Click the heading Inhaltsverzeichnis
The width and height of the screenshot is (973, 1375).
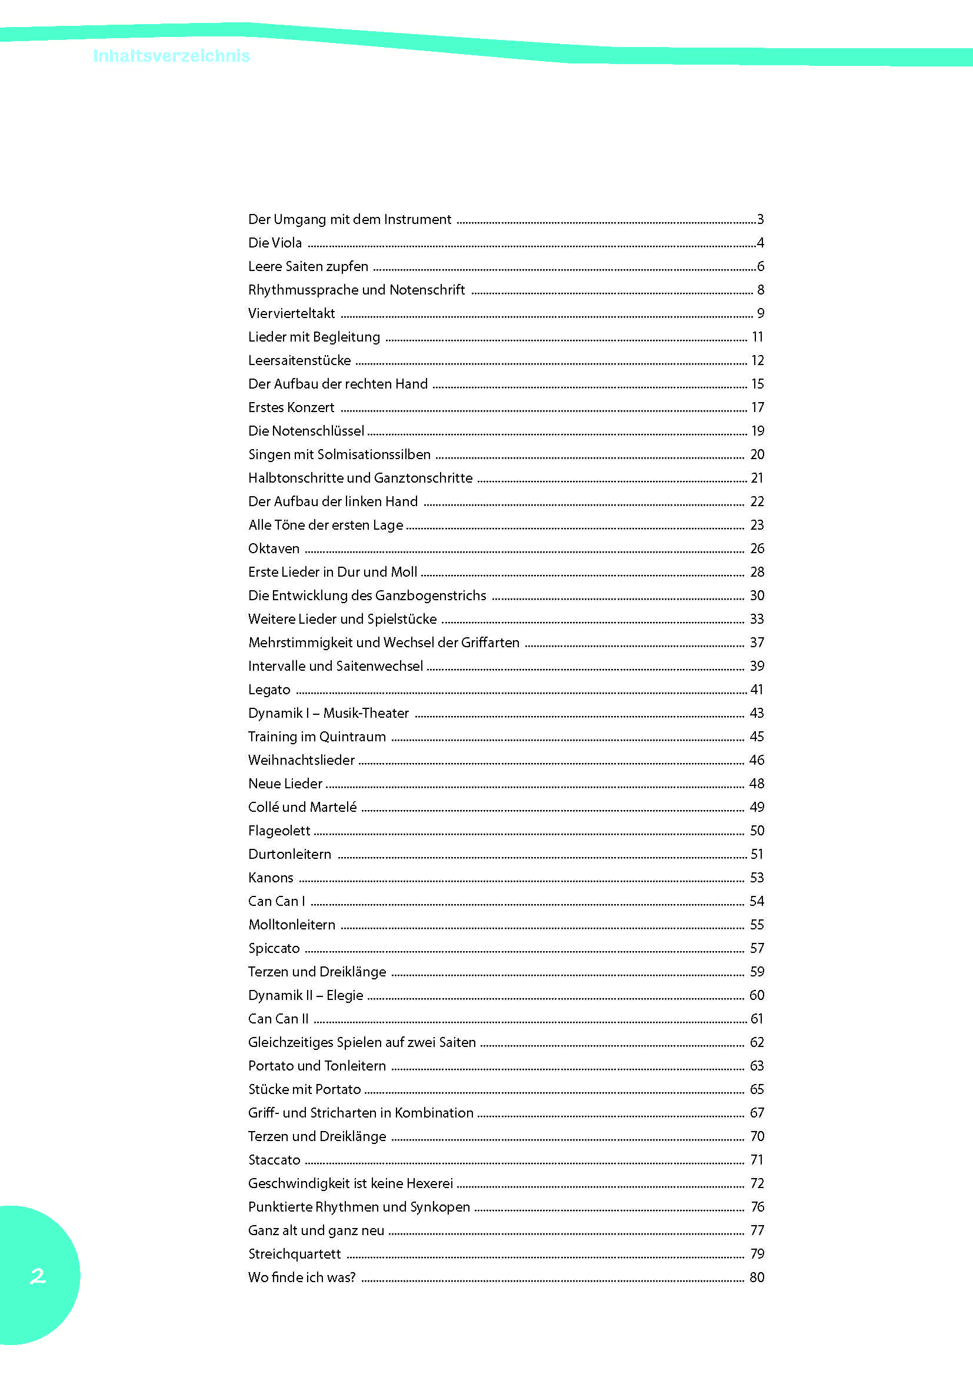coord(171,56)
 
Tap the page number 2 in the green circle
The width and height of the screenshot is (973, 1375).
coord(38,1276)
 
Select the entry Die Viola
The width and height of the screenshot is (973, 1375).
coord(275,243)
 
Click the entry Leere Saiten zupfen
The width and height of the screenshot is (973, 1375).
coord(308,266)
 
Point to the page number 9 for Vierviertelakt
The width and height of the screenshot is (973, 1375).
coord(760,313)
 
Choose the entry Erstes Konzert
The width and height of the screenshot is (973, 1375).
coord(291,407)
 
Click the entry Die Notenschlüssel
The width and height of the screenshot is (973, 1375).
coord(306,430)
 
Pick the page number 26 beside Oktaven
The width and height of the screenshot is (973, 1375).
coord(757,548)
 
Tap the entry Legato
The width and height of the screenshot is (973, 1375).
coord(269,690)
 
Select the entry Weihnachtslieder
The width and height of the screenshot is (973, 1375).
coord(301,760)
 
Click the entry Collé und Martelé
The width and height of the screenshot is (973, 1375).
coord(302,807)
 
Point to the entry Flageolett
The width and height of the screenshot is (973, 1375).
coord(279,831)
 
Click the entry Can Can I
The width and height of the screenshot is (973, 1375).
coord(277,901)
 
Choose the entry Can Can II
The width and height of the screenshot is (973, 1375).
coord(279,1019)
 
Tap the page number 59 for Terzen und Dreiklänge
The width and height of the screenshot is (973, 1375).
coord(757,972)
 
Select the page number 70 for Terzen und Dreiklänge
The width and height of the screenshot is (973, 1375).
coord(757,1136)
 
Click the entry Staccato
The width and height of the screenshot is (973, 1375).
coord(274,1160)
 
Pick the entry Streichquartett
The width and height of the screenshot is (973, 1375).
coord(294,1254)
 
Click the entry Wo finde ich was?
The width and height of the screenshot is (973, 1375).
coord(302,1277)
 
